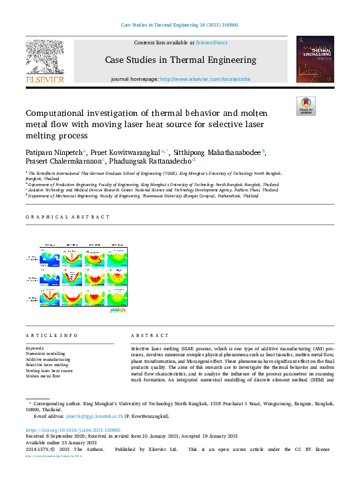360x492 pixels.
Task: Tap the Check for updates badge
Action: point(306,106)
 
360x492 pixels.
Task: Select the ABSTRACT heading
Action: point(148,336)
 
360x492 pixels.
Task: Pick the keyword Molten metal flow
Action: point(43,375)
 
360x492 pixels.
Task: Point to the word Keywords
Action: point(35,348)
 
